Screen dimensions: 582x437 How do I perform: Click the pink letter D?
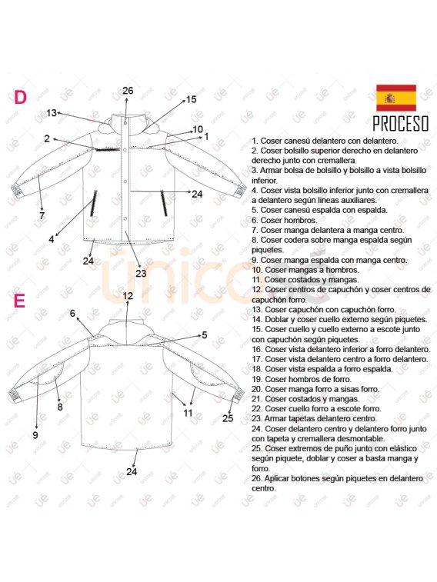coord(21,98)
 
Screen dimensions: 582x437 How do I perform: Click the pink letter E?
coord(20,301)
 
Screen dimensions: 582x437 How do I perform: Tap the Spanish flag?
coord(395,98)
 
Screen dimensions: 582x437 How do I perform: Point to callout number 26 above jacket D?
coord(128,91)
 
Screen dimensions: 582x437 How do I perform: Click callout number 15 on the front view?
coord(191,99)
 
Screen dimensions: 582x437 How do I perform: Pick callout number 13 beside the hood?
coord(52,113)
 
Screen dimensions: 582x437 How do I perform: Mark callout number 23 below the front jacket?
coord(141,273)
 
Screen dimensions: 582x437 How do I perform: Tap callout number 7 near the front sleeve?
coord(42,216)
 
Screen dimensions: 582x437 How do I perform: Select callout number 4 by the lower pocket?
coord(52,239)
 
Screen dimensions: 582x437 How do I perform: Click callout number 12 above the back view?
coord(128,296)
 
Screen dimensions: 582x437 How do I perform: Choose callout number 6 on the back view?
coord(72,313)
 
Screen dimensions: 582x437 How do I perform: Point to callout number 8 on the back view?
coord(60,407)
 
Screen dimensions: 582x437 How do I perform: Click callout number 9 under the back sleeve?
coord(35,435)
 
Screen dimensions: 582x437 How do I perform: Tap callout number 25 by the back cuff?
coord(228,418)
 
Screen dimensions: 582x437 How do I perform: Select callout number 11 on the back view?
coord(188,413)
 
